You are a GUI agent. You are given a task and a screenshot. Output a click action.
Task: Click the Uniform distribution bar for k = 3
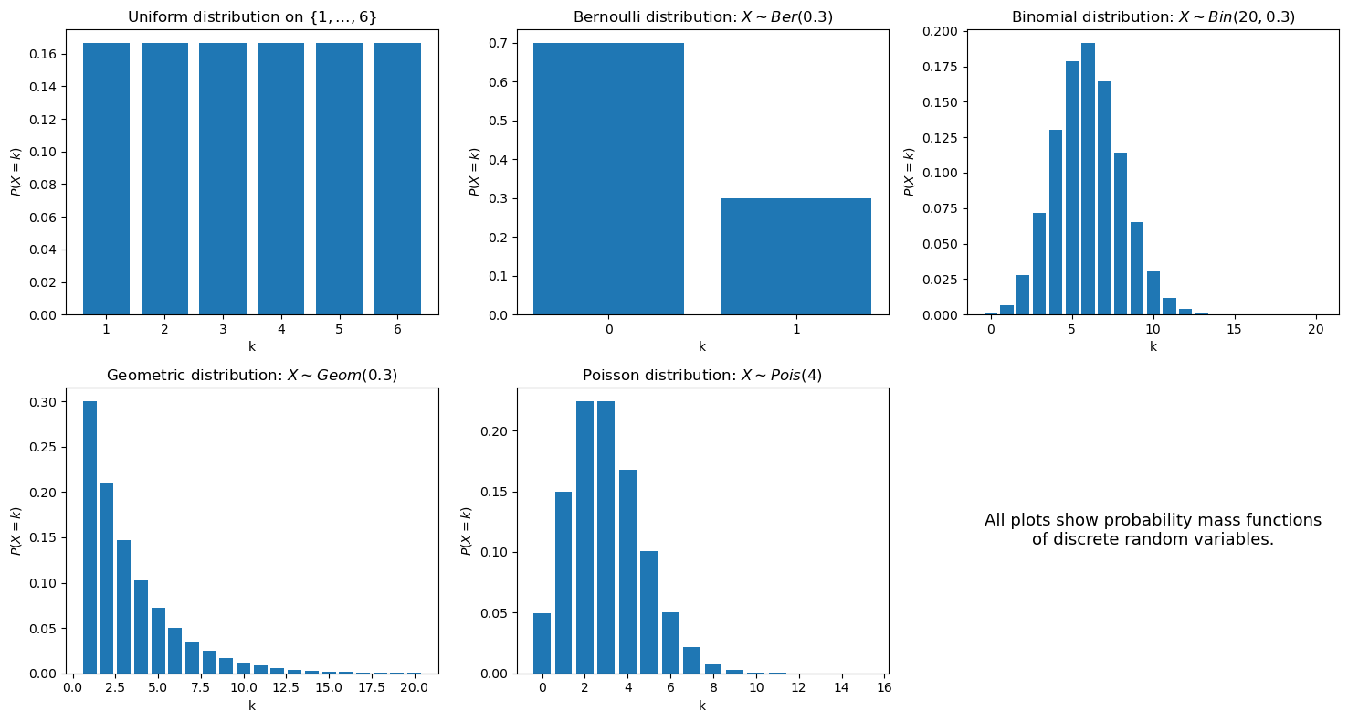point(223,179)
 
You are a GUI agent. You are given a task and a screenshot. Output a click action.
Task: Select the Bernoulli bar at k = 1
point(796,257)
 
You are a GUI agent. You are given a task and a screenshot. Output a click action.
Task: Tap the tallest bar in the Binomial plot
point(1088,179)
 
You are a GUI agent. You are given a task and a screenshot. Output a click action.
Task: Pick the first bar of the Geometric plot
point(90,537)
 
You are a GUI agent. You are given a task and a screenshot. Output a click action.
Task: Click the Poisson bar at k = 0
point(542,643)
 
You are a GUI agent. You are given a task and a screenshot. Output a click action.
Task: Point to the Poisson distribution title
point(702,375)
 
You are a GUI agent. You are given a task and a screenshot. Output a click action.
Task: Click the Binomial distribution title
point(1153,16)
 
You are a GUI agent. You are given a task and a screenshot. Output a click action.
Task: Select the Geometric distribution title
point(252,375)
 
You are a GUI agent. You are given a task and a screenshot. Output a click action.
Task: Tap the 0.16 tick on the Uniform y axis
point(43,54)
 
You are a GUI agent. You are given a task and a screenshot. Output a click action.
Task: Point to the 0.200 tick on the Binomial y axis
point(942,31)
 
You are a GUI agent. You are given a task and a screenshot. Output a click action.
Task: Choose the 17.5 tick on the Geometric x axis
point(372,687)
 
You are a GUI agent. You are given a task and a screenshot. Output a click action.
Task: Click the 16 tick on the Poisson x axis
point(884,687)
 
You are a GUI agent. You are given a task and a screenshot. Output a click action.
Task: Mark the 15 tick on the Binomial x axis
point(1234,329)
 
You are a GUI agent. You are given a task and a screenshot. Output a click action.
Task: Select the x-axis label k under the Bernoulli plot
point(702,346)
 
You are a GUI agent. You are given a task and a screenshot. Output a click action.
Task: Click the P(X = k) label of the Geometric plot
point(16,530)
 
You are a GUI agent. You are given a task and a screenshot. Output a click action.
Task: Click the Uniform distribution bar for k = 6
point(398,179)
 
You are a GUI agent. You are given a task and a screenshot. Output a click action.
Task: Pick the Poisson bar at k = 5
point(648,612)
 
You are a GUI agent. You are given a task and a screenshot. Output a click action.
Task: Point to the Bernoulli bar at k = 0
point(608,179)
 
